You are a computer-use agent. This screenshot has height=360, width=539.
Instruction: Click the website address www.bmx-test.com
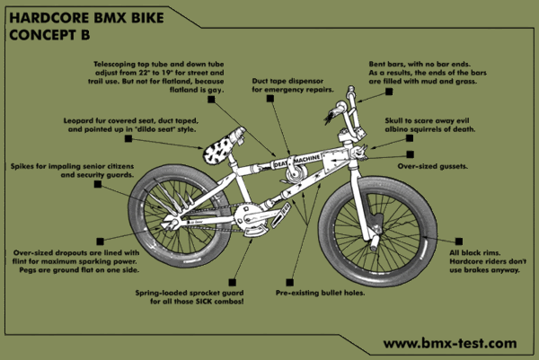[449, 342]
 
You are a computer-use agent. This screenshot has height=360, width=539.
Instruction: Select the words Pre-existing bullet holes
[319, 292]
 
